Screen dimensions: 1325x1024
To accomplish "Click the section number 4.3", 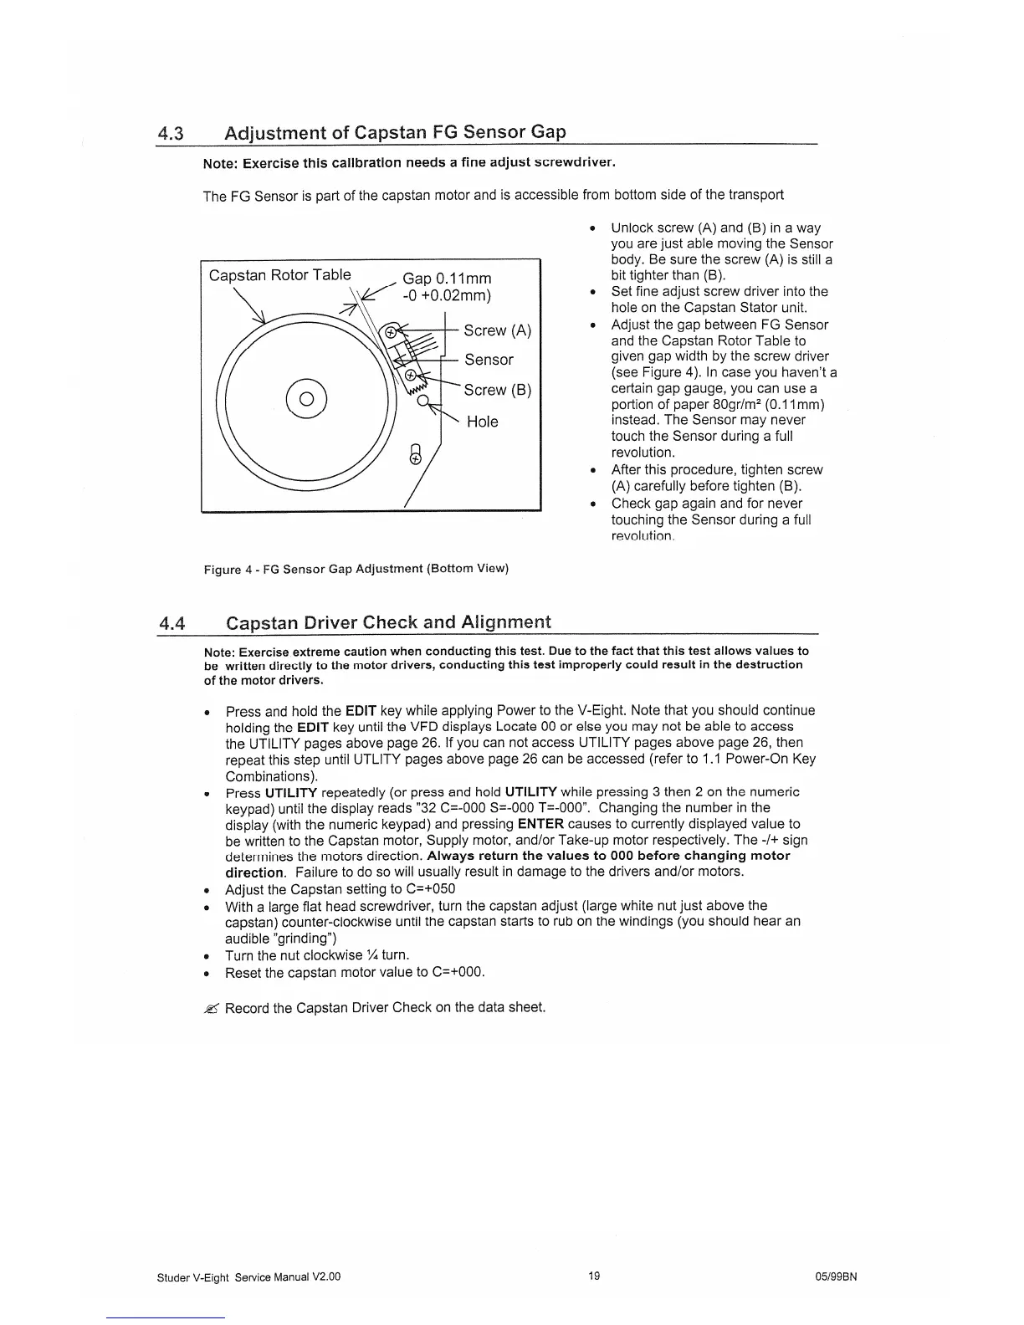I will (172, 133).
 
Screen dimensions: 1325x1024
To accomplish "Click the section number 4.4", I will (172, 623).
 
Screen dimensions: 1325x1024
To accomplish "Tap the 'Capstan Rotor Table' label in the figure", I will (279, 275).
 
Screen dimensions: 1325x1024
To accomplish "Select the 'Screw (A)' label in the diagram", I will (497, 330).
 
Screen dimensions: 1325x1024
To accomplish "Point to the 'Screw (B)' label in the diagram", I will (498, 390).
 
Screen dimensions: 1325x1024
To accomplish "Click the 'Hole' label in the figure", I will (482, 422).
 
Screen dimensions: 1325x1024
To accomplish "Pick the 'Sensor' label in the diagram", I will (489, 360).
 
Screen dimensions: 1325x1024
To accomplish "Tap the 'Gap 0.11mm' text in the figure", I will (447, 279).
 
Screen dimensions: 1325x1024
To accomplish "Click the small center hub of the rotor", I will (306, 397).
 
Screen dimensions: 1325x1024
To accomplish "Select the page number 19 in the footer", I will (593, 1276).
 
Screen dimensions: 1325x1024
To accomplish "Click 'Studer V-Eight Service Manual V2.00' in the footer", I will (248, 1277).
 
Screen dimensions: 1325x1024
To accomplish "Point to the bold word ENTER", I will (540, 824).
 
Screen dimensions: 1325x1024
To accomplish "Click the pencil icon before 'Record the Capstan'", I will (210, 1008).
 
